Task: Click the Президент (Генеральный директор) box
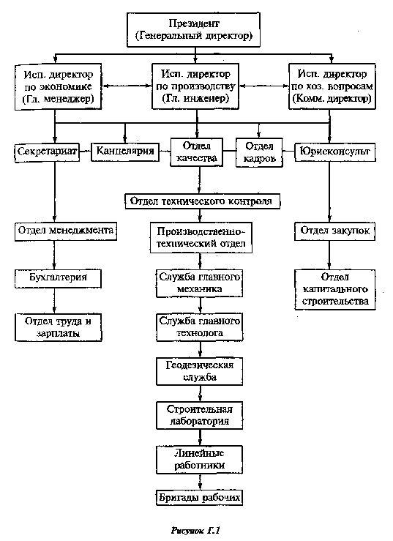pos(193,30)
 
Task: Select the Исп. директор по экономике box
pos(58,86)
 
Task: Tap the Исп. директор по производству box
pos(195,86)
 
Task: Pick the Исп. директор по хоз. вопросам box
pos(332,86)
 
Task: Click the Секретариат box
pos(47,152)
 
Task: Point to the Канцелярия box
pos(125,152)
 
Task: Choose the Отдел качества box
pos(196,152)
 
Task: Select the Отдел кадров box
pos(259,152)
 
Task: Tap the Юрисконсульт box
pos(335,152)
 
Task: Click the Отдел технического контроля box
pos(202,201)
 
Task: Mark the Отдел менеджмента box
pos(66,231)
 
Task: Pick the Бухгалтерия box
pos(58,278)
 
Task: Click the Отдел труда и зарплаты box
pos(59,327)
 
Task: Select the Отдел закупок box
pos(334,231)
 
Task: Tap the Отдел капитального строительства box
pos(335,289)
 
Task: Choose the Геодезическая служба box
pos(200,371)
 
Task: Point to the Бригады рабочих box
pos(199,498)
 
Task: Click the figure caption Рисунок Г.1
pos(195,529)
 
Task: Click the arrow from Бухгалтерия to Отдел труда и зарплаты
pos(54,301)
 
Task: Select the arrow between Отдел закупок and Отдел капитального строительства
pos(329,255)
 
